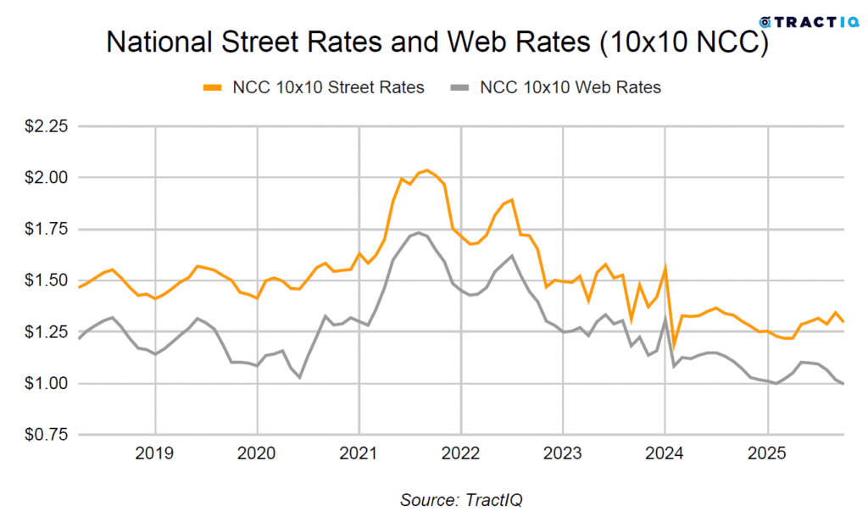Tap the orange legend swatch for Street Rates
(213, 86)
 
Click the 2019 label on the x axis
(155, 453)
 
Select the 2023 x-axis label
(563, 453)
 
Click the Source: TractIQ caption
(462, 499)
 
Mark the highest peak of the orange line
(426, 170)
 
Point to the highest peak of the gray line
(418, 232)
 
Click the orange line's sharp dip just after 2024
(673, 346)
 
